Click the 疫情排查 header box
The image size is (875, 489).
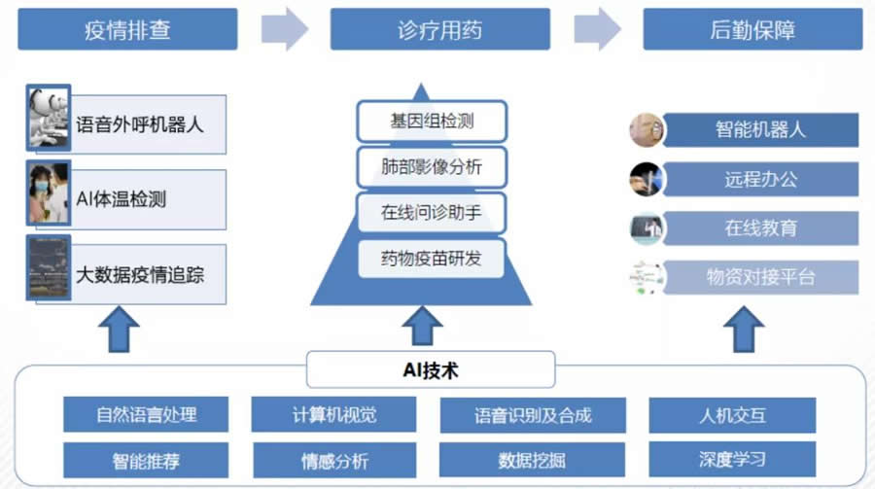(x=127, y=29)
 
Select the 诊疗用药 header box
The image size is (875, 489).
(x=439, y=29)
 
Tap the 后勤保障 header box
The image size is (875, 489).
(x=752, y=29)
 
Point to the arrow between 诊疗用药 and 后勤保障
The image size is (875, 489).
(x=596, y=29)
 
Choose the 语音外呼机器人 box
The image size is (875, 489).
(x=140, y=124)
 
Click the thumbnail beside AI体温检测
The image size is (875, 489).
(x=49, y=198)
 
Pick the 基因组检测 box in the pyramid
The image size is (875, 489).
(x=432, y=122)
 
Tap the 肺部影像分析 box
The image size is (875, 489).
(x=432, y=167)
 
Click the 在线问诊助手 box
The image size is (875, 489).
(x=432, y=213)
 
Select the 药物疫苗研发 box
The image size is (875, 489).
(x=432, y=259)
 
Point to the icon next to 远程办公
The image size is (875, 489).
(x=646, y=179)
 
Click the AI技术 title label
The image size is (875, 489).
(x=431, y=369)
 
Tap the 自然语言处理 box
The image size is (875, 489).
(x=146, y=415)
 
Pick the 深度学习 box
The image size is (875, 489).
(x=732, y=459)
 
